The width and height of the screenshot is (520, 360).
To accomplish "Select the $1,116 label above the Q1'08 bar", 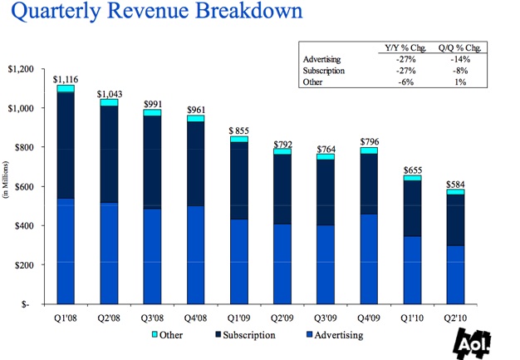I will pyautogui.click(x=65, y=79).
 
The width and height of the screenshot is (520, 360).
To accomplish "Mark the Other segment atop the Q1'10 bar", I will pyautogui.click(x=410, y=178).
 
